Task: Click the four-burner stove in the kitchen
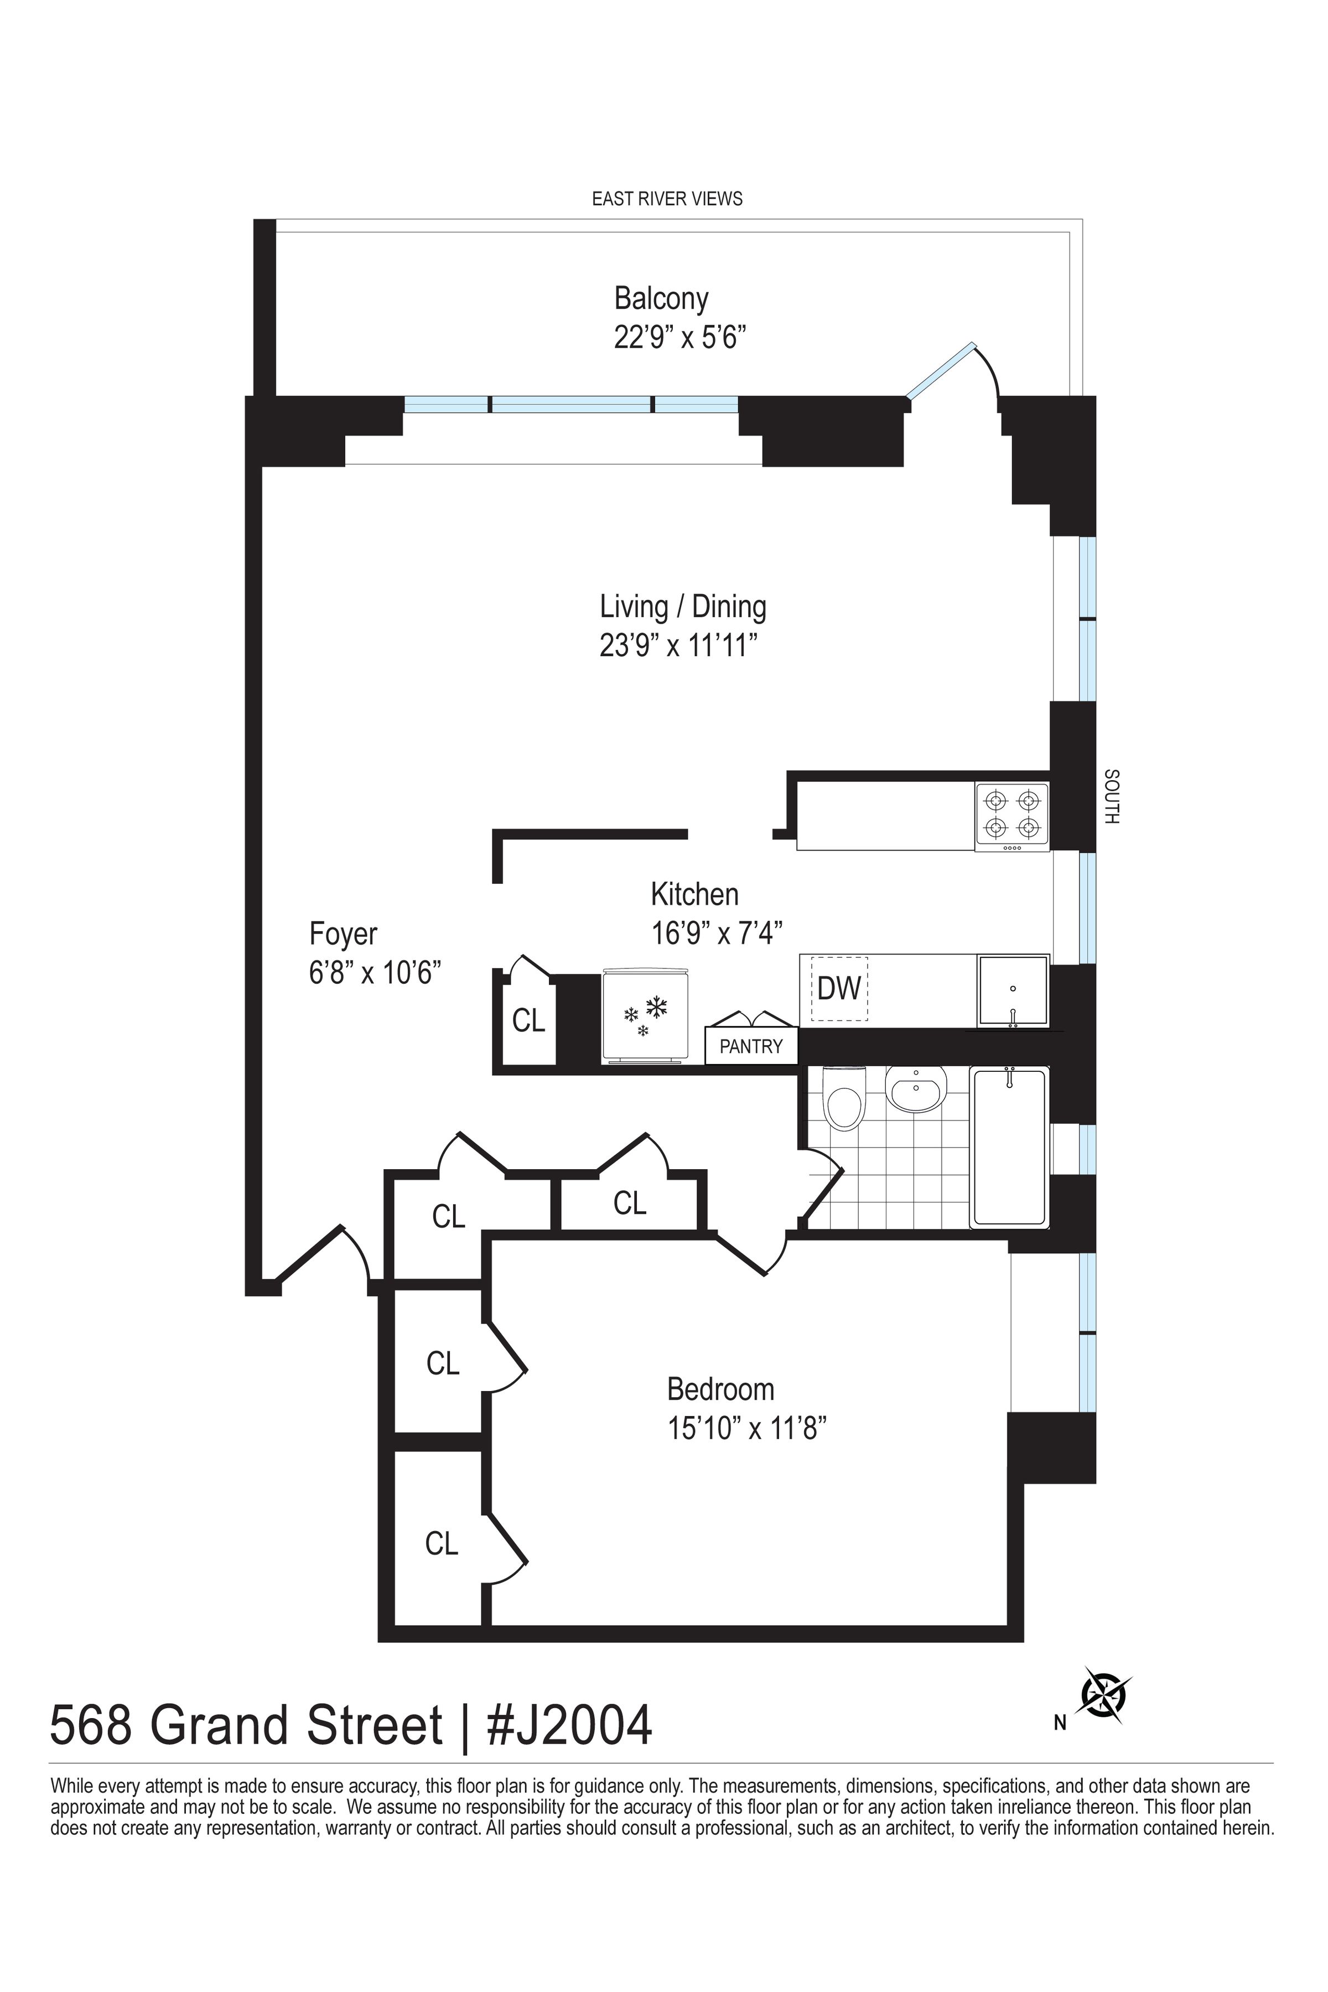click(1012, 817)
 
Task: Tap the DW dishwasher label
click(838, 988)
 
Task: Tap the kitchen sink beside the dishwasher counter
click(1013, 991)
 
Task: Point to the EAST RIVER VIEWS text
click(667, 199)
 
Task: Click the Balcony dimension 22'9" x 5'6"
click(679, 339)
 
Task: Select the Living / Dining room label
click(683, 606)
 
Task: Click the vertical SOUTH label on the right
click(1112, 796)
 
